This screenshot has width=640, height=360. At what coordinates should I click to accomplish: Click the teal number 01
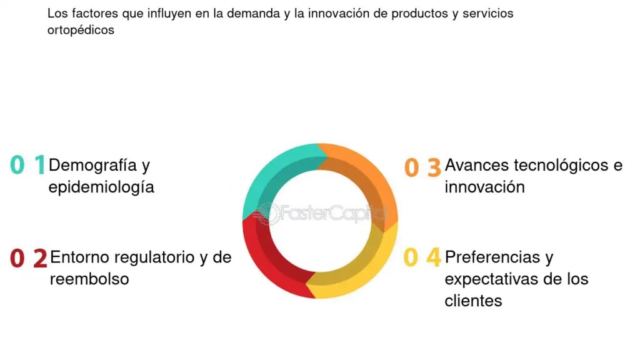coord(27,164)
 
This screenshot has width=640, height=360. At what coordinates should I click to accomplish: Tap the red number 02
coord(29,258)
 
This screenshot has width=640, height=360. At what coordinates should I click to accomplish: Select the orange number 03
coord(422,167)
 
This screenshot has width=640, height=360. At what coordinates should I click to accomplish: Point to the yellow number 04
coord(422,257)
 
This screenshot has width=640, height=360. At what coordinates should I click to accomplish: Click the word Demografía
coord(92,165)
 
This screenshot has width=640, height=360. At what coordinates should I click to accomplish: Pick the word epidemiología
coord(101,187)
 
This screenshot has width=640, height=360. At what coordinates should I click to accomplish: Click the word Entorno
coord(81,257)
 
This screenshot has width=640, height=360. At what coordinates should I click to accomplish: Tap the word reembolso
coord(89,279)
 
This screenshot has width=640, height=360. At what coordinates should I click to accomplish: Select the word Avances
coord(477,165)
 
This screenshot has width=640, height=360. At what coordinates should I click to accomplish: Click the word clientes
coord(473,301)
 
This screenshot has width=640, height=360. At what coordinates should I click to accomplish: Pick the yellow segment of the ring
coord(363,269)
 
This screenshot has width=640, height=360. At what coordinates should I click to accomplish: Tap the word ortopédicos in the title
coord(81,30)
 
